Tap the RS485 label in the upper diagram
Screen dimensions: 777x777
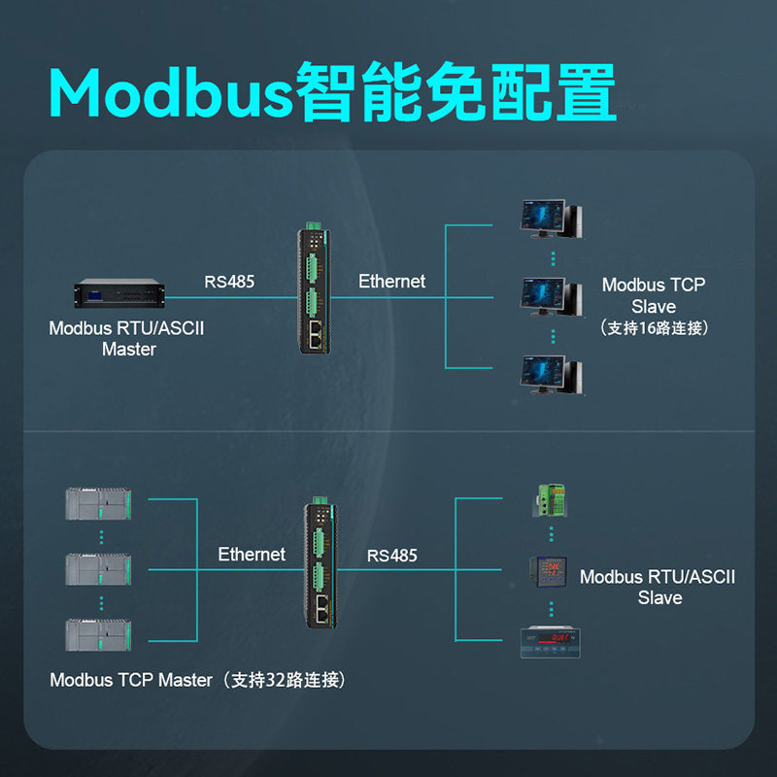[229, 283]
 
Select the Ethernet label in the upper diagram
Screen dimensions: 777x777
[391, 282]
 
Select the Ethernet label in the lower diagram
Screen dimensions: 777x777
[252, 555]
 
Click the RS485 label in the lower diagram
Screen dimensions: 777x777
[392, 556]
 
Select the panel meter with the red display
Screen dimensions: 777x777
[550, 641]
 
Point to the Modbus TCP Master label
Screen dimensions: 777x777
[131, 680]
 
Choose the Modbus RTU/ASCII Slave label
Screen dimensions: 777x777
[658, 587]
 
